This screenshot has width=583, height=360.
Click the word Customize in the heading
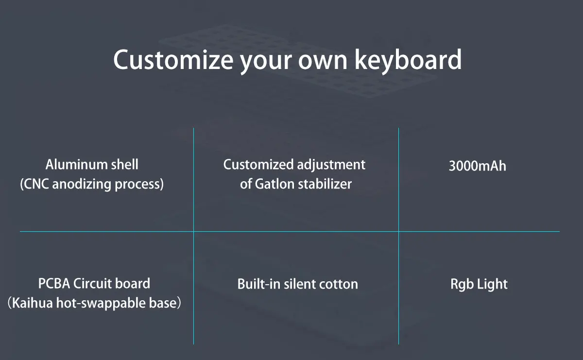point(173,59)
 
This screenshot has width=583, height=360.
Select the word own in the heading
point(323,62)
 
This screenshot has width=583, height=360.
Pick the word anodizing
point(82,185)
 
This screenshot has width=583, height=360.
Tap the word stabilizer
point(325,184)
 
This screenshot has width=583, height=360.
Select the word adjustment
point(331,165)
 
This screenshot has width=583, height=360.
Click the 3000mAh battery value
point(478,166)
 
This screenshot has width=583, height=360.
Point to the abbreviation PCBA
point(54,283)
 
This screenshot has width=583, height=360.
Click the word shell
point(125,165)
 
